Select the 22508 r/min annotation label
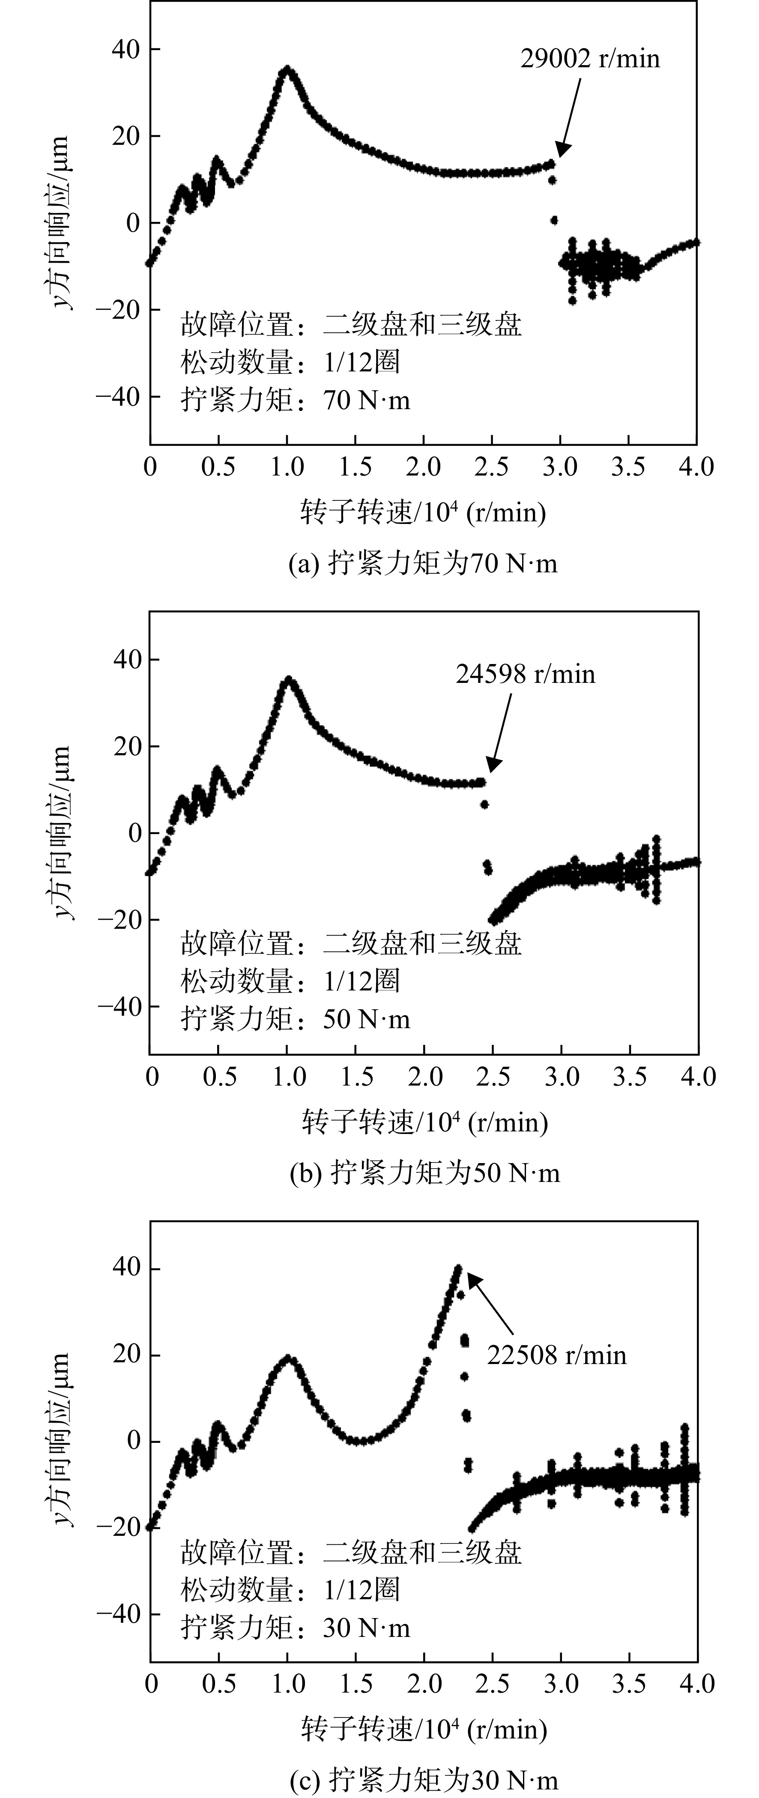tap(557, 1355)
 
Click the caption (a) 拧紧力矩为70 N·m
tap(424, 563)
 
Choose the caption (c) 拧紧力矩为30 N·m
tap(424, 1782)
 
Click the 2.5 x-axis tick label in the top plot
tap(492, 466)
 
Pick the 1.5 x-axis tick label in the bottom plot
tap(356, 1684)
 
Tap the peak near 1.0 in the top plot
tap(287, 69)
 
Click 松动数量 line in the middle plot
tap(290, 981)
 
